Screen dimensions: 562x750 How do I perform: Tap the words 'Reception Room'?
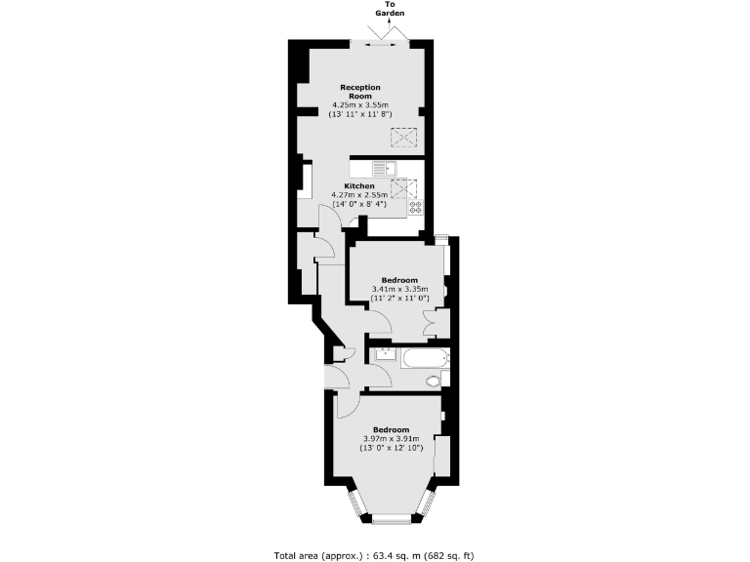(x=359, y=92)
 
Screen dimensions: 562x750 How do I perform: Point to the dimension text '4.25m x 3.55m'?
(x=359, y=104)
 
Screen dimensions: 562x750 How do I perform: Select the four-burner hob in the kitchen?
(x=415, y=206)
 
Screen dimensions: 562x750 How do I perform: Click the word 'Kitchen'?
(x=359, y=185)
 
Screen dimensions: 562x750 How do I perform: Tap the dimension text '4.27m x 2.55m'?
(x=359, y=195)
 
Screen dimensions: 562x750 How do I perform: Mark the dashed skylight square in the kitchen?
(x=399, y=188)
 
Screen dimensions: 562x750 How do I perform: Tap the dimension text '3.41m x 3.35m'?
(x=399, y=289)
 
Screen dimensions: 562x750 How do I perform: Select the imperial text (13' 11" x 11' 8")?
(x=359, y=114)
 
